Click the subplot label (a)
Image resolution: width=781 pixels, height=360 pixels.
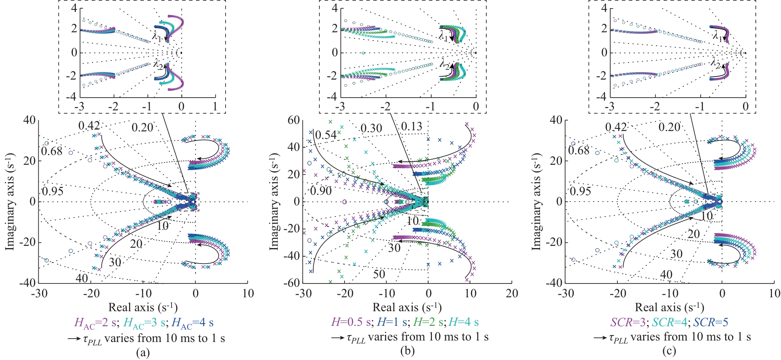pyautogui.click(x=143, y=352)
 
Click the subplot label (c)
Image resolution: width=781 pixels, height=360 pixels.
pyautogui.click(x=669, y=351)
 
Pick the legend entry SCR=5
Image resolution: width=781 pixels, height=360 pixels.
pyautogui.click(x=711, y=322)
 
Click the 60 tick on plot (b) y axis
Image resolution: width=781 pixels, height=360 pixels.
pyautogui.click(x=293, y=120)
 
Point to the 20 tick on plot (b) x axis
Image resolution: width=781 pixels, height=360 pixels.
pyautogui.click(x=512, y=294)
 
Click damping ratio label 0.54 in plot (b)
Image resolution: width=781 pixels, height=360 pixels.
pyautogui.click(x=326, y=135)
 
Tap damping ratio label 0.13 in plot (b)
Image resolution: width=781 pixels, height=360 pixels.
pyautogui.click(x=411, y=127)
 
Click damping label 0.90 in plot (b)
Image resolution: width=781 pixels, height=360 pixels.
pyautogui.click(x=321, y=191)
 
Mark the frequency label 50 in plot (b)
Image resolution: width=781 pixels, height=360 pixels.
pyautogui.click(x=379, y=274)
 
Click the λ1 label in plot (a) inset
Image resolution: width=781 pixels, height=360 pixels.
pyautogui.click(x=157, y=36)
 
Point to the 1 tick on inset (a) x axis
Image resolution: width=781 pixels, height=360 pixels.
pyautogui.click(x=215, y=107)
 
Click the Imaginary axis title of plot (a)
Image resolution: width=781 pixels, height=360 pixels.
pyautogui.click(x=10, y=201)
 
